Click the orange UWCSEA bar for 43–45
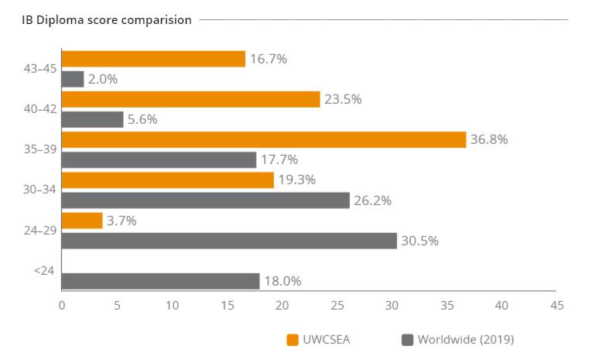[153, 59]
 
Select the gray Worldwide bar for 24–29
[229, 240]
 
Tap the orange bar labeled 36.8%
[264, 139]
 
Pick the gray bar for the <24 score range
[160, 281]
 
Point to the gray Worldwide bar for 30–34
[205, 200]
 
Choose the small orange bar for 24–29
[82, 221]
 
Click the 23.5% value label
[344, 99]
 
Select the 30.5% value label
[421, 241]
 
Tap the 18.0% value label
[283, 281]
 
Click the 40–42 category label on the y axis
[39, 109]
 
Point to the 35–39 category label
[39, 149]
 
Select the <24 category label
[43, 271]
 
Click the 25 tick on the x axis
[337, 305]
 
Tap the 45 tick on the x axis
[556, 305]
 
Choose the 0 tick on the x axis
[62, 305]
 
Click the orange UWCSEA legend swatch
[293, 339]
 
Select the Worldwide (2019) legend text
[466, 339]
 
